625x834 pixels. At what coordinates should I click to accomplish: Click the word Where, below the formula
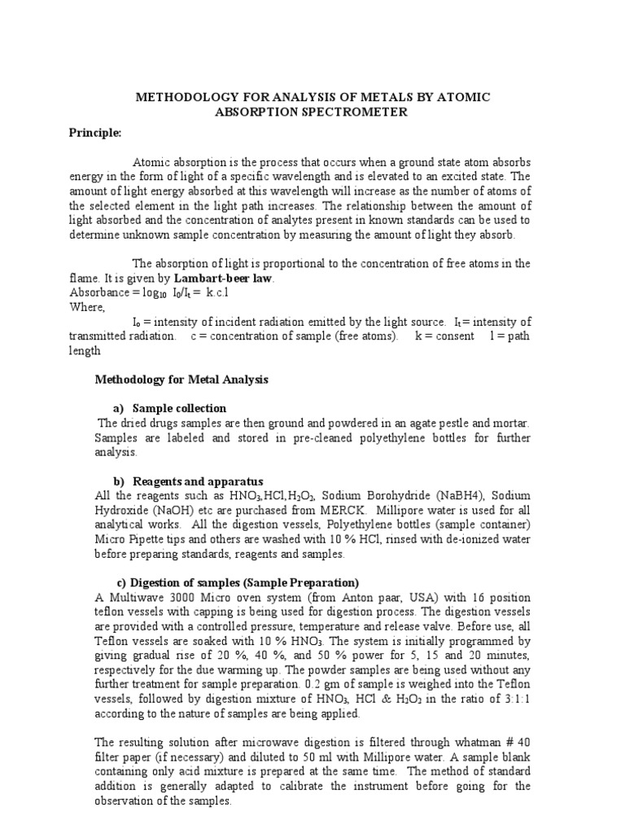click(x=87, y=306)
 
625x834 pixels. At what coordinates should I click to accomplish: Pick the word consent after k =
click(x=452, y=336)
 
